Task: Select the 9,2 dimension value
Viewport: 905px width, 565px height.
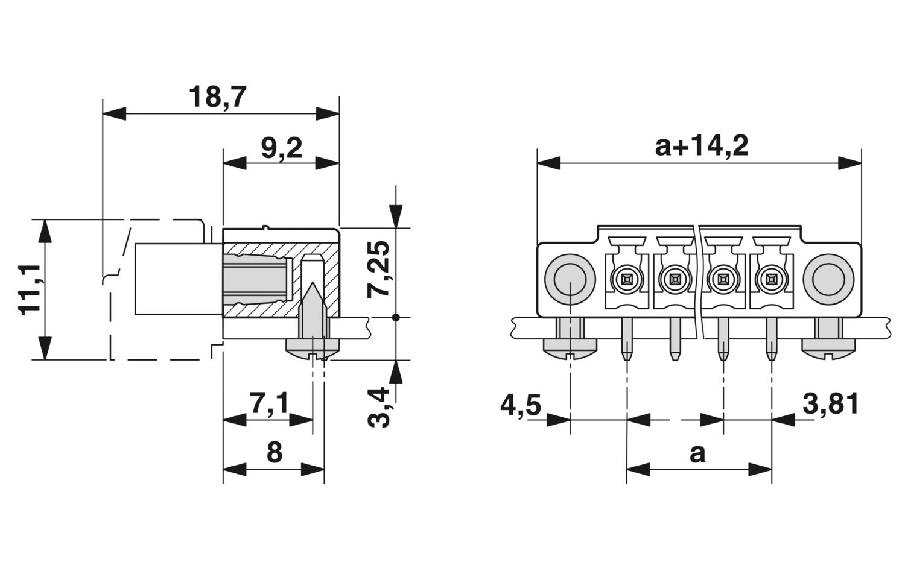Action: (x=281, y=148)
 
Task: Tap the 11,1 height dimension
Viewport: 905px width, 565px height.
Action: (x=30, y=289)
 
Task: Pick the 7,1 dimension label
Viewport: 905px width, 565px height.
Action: (x=269, y=403)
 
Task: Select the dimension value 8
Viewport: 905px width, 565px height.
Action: (x=275, y=452)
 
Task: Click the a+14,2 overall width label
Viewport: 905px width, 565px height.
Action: (x=701, y=147)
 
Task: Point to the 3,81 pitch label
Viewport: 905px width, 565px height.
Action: (x=830, y=404)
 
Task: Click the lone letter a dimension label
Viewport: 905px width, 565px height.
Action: (x=697, y=453)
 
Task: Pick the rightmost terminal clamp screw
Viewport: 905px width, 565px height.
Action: (x=770, y=279)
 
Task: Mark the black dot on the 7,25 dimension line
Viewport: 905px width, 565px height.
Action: (x=395, y=317)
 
